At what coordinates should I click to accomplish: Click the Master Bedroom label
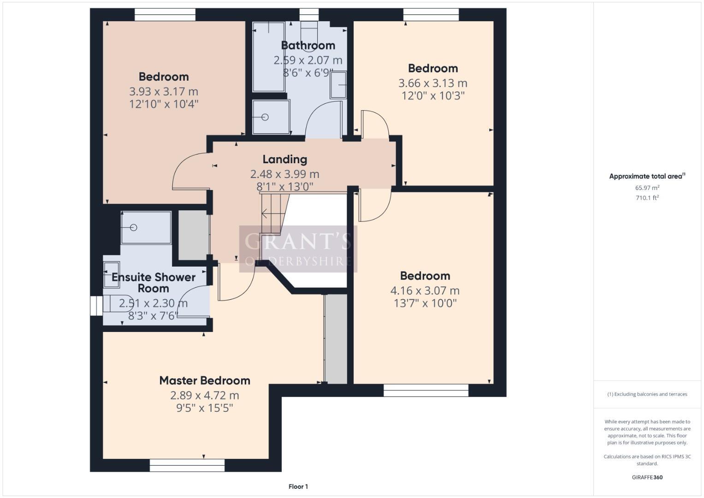[x=205, y=380]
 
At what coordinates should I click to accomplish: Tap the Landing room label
[x=284, y=159]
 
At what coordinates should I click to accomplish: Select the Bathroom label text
[x=308, y=45]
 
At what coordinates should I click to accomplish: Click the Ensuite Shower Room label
[x=154, y=283]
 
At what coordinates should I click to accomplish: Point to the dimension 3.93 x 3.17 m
[x=164, y=91]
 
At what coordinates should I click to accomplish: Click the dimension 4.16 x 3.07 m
[x=425, y=290]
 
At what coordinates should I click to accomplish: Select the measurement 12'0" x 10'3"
[x=432, y=96]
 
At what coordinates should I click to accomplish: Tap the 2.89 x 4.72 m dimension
[x=205, y=395]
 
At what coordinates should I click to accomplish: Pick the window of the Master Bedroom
[x=187, y=465]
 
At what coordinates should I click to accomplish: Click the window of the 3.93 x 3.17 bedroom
[x=165, y=15]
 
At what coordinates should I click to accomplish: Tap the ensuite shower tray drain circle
[x=134, y=227]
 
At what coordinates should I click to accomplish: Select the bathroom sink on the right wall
[x=338, y=84]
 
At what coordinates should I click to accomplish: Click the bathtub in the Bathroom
[x=268, y=57]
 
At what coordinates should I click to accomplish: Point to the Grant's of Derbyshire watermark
[x=298, y=249]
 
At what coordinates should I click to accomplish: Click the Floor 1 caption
[x=298, y=486]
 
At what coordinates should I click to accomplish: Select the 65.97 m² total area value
[x=647, y=188]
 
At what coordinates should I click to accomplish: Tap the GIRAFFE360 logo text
[x=647, y=477]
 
